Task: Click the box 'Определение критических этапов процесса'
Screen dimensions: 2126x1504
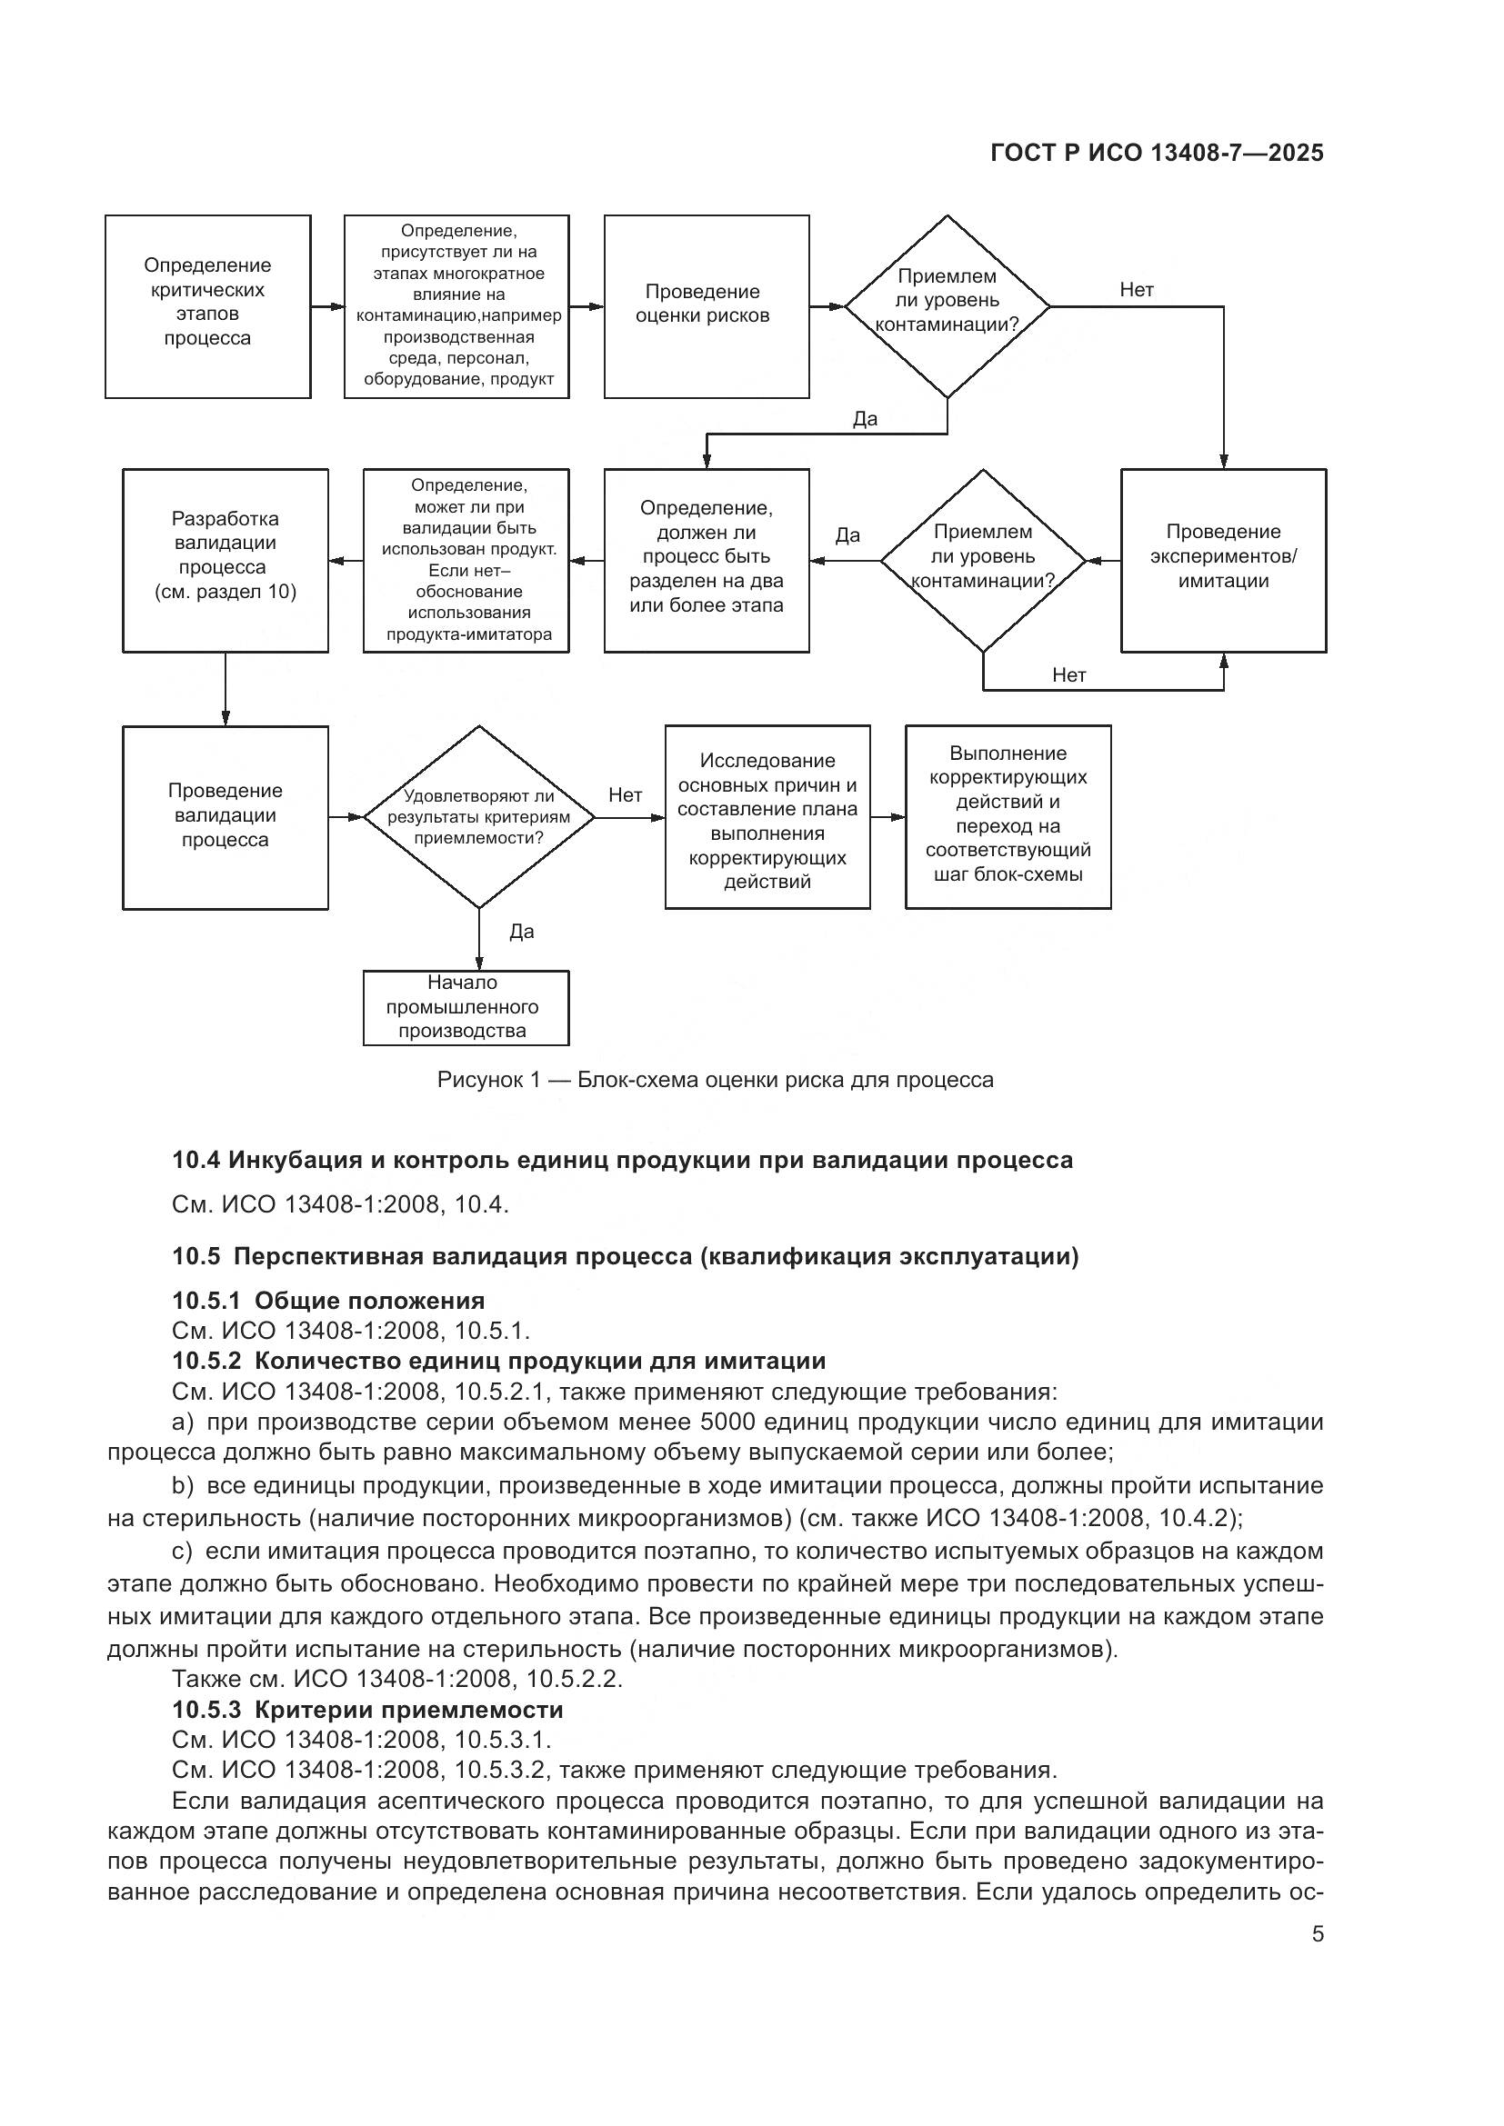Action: [x=207, y=306]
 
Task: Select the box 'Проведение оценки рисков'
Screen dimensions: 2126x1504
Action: [x=706, y=306]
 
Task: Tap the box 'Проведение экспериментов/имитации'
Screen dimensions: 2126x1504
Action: [x=1222, y=559]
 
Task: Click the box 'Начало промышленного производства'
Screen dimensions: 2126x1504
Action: [x=465, y=1007]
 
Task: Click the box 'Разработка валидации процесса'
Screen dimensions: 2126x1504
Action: [x=225, y=559]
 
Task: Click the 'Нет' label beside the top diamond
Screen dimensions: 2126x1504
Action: [x=1137, y=290]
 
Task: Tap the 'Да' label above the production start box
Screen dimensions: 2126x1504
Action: [x=521, y=932]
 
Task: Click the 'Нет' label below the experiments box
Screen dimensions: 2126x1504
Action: [x=1068, y=675]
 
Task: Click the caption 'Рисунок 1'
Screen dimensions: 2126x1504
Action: [x=488, y=1080]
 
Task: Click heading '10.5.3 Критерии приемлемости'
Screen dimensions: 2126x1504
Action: [x=367, y=1709]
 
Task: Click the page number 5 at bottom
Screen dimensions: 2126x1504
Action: [x=1317, y=1933]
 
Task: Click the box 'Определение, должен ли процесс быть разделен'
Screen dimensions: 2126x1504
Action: [x=706, y=559]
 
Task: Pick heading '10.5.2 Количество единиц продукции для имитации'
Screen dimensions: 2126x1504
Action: [x=498, y=1361]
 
